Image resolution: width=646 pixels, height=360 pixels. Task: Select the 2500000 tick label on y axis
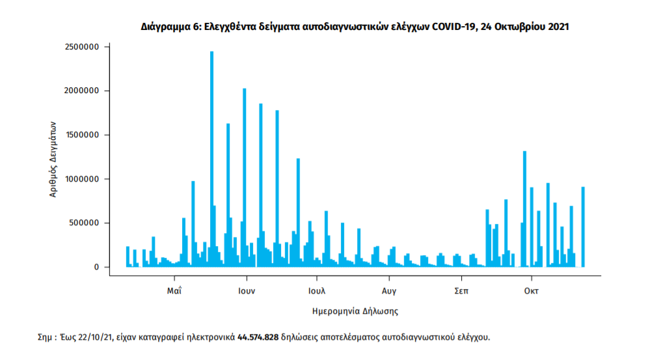(81, 47)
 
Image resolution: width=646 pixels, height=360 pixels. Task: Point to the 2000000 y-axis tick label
(81, 90)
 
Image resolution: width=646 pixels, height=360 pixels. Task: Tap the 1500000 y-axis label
(81, 135)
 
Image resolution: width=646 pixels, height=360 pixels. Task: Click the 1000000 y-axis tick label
(81, 179)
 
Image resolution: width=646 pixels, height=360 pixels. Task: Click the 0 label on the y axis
(96, 267)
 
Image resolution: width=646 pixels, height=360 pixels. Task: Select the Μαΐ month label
(173, 290)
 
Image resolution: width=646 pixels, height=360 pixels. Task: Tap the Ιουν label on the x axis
(246, 290)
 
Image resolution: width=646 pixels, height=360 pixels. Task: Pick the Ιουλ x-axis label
(317, 290)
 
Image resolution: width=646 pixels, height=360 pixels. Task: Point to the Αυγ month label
(389, 290)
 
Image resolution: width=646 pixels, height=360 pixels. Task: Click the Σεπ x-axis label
(461, 290)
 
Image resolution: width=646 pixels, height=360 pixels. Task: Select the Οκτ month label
(532, 290)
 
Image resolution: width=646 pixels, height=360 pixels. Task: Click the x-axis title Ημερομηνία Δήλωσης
(355, 311)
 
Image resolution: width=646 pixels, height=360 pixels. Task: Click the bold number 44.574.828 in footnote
(258, 337)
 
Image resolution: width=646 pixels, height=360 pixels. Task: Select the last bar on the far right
(583, 227)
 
